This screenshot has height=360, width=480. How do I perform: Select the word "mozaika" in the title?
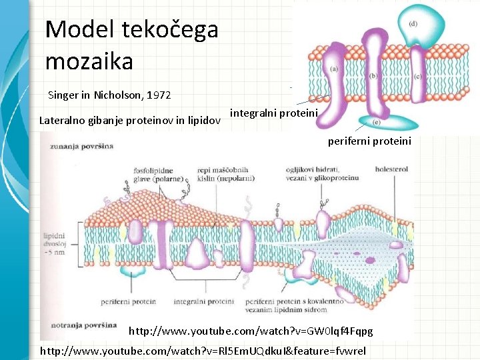[x=89, y=61]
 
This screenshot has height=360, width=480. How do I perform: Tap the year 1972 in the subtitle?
[x=157, y=95]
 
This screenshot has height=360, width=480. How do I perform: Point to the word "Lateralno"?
[x=65, y=121]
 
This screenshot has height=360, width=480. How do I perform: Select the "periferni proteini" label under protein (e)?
[x=369, y=141]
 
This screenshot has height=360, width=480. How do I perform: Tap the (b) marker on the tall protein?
[x=373, y=76]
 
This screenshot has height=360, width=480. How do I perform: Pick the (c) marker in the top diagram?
[x=417, y=77]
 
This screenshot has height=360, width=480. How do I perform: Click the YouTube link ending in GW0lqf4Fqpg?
[x=250, y=331]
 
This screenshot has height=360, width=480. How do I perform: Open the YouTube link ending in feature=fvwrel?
[x=207, y=350]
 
